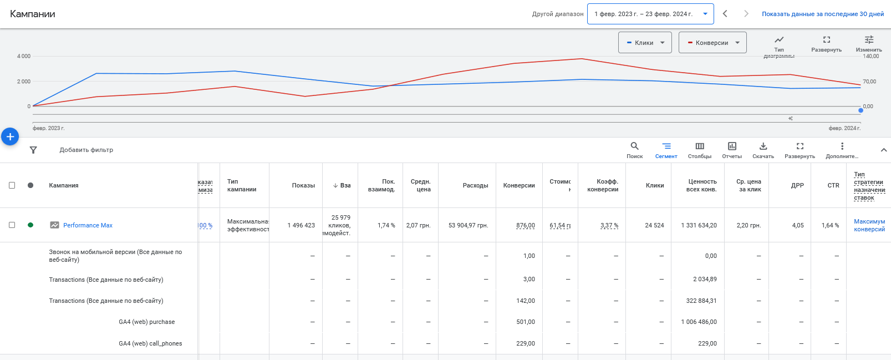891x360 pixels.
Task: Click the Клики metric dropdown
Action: coord(645,43)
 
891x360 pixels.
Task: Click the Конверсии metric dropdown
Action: coord(712,43)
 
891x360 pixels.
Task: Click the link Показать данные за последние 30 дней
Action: coord(822,14)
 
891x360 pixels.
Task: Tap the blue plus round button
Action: coord(10,136)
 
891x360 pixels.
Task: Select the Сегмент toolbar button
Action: coord(666,150)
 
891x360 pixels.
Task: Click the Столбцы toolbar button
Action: coord(699,150)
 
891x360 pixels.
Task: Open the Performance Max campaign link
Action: coord(88,225)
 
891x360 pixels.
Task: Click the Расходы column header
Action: coord(475,185)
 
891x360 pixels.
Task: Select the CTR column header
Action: coord(833,185)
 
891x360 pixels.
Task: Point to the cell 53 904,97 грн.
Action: coord(468,225)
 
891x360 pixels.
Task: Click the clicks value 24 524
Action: coord(654,225)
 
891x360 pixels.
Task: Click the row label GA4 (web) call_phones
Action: coord(150,343)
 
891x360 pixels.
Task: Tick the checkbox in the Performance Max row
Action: coord(12,225)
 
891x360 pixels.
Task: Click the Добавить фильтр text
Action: coord(86,150)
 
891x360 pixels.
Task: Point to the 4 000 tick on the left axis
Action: coord(23,56)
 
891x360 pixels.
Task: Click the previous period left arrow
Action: coord(725,14)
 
